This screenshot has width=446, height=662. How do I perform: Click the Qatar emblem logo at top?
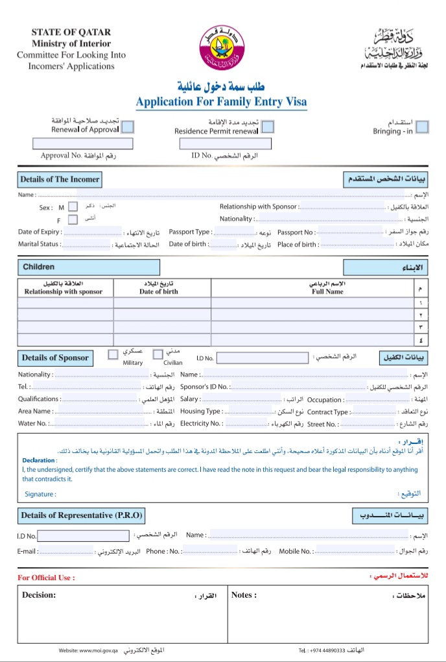(222, 49)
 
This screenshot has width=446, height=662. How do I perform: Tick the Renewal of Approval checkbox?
(128, 127)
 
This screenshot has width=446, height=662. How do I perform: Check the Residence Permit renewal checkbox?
(266, 127)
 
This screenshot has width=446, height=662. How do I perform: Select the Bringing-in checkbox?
(422, 127)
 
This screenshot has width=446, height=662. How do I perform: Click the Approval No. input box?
(82, 143)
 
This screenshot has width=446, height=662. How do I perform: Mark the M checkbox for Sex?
(73, 207)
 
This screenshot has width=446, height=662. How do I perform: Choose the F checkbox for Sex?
(73, 220)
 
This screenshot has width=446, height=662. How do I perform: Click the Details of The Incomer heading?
(60, 179)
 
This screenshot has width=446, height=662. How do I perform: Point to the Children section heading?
(39, 267)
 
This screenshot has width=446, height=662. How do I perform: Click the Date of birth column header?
(159, 291)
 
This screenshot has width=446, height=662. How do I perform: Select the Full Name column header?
(327, 291)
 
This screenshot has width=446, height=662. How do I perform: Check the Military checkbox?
(113, 354)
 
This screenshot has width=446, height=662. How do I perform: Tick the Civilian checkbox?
(158, 354)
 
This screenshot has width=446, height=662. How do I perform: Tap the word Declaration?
(39, 460)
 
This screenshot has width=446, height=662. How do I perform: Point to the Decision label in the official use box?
(39, 595)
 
